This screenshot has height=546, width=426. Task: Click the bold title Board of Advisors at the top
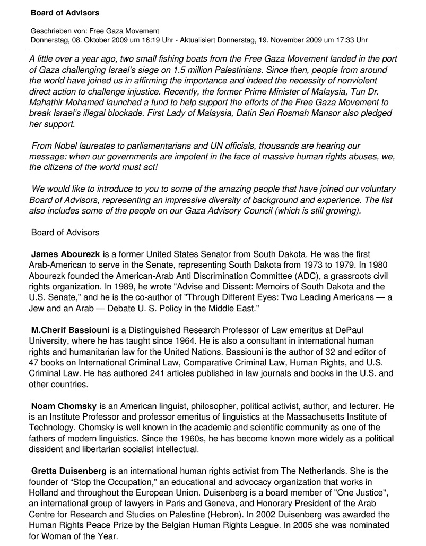click(65, 12)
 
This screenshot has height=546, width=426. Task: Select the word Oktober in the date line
click(103, 40)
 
